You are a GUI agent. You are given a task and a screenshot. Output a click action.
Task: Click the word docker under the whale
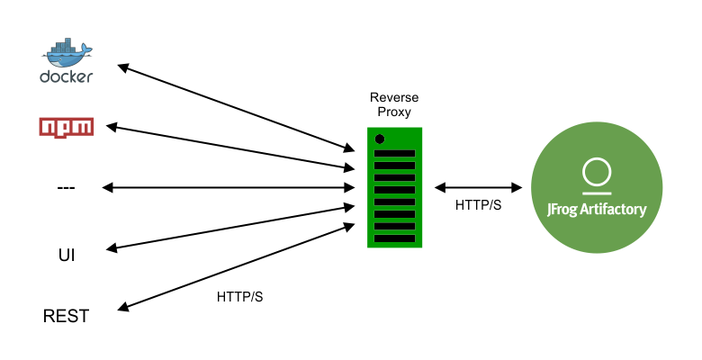pos(67,76)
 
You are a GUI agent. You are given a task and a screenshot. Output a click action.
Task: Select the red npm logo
pos(67,127)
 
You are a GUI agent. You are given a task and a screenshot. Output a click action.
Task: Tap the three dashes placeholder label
pos(66,187)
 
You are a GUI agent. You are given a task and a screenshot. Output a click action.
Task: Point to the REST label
pos(67,317)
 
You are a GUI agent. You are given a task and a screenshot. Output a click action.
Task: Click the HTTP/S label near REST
pos(239,296)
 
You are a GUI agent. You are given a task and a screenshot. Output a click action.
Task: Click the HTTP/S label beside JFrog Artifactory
pos(479,206)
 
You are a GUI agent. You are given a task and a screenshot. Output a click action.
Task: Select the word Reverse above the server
pos(394,97)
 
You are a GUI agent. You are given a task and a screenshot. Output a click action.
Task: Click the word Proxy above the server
pos(394,113)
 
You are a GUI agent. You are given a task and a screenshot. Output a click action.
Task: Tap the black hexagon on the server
pos(381,139)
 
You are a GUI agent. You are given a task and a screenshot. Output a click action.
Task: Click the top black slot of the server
pos(395,153)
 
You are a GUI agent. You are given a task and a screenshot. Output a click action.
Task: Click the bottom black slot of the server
pos(395,238)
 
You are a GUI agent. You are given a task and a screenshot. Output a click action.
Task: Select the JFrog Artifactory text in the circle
pos(597,209)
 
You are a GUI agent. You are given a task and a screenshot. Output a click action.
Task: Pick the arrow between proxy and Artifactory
pos(479,187)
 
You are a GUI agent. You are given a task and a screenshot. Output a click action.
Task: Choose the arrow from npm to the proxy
pos(229,147)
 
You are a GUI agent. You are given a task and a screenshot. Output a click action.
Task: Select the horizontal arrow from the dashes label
pos(229,187)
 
